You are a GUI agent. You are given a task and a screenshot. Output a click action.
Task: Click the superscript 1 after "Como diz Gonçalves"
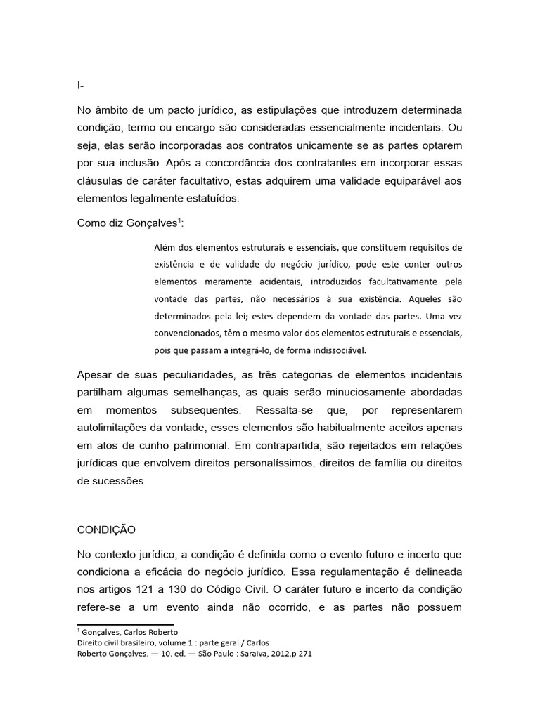[x=179, y=220]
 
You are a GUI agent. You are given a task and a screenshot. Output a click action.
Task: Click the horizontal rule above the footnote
[x=125, y=624]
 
